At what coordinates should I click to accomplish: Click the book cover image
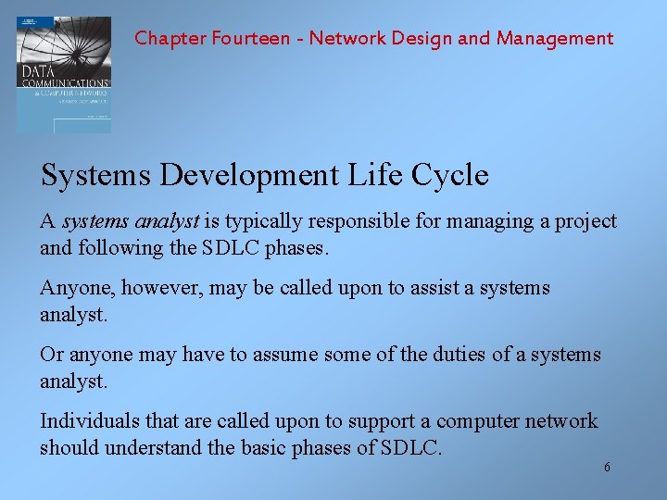64,74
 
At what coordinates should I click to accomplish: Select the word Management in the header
555,38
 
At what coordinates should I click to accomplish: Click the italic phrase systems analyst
131,222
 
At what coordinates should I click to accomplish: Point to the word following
110,249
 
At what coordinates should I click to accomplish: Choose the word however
160,289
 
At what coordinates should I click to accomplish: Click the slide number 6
607,468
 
